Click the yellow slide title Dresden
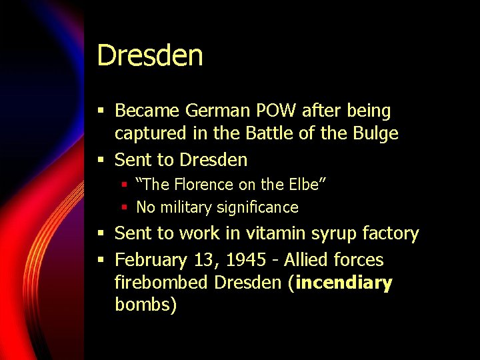[x=150, y=55]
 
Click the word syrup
[x=333, y=234]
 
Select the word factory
[x=393, y=234]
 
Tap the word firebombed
[x=161, y=283]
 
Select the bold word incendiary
[x=344, y=283]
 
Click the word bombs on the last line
[x=145, y=305]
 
